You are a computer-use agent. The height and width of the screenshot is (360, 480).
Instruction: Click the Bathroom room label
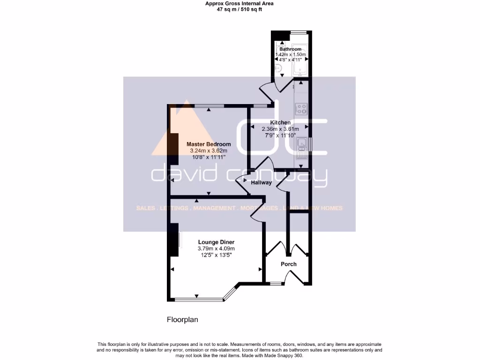tap(290, 49)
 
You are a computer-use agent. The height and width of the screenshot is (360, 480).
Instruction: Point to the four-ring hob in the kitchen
tap(300, 109)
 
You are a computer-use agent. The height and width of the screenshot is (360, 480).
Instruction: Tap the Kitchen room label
tap(280, 122)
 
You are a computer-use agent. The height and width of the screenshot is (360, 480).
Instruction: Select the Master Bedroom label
tap(208, 144)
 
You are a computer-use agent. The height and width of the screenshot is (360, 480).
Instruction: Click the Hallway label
tap(261, 183)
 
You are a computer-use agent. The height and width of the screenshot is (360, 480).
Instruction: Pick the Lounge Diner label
tap(216, 242)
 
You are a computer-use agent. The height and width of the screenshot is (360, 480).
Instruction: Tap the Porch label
tap(288, 264)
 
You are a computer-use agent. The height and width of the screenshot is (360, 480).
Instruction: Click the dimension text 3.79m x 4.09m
tap(216, 248)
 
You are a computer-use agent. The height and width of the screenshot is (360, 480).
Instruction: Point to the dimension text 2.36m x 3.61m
tap(280, 129)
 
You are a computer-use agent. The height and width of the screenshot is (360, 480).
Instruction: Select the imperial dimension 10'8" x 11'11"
tap(208, 157)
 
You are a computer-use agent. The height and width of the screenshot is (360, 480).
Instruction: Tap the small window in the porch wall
tap(276, 283)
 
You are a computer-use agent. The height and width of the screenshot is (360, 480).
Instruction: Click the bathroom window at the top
tap(298, 32)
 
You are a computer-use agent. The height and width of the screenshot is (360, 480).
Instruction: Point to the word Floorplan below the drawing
tap(183, 320)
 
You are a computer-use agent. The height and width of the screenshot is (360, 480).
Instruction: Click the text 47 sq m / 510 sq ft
tap(240, 8)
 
